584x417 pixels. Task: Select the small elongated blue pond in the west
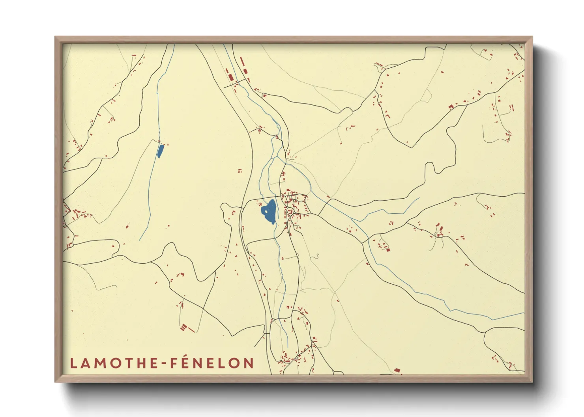click(160, 151)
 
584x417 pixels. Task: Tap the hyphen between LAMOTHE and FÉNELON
click(163, 363)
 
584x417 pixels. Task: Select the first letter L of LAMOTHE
click(73, 363)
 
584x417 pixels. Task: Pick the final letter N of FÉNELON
click(249, 363)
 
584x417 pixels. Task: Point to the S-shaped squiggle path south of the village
click(316, 257)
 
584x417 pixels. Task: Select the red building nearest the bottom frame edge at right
click(397, 370)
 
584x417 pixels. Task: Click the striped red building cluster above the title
click(183, 327)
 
